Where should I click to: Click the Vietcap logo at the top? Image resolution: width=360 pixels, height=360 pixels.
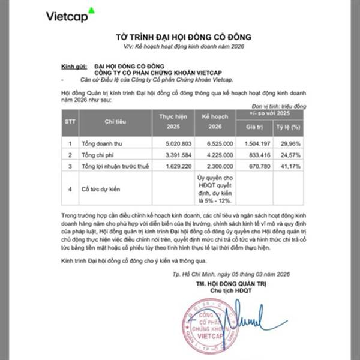[70, 15]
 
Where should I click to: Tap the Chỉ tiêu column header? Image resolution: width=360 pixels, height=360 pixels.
[109, 121]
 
